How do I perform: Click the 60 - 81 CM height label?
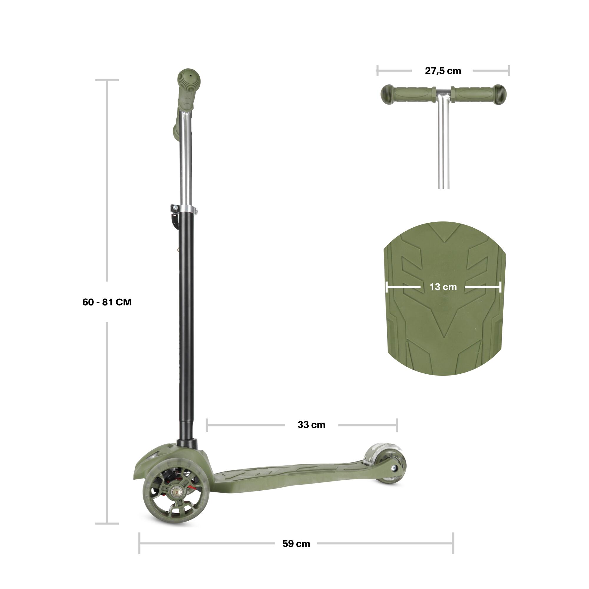pos(107,302)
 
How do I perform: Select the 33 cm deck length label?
pos(311,425)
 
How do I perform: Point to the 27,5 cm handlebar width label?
pos(443,71)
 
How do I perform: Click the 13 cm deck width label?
pos(443,287)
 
